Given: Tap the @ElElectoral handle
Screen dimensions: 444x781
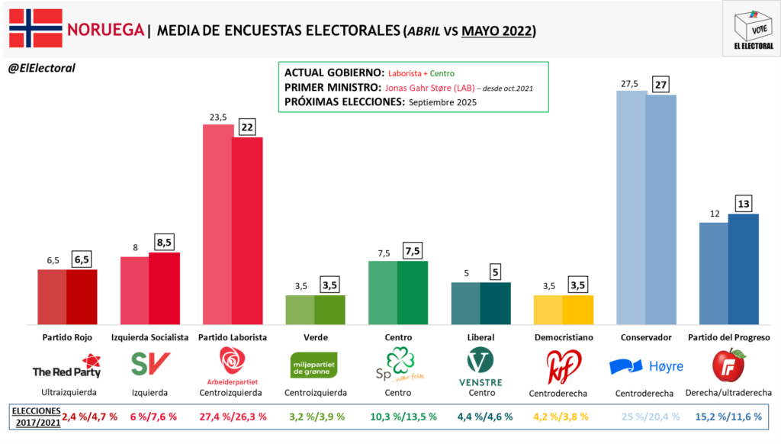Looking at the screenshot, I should pyautogui.click(x=41, y=68).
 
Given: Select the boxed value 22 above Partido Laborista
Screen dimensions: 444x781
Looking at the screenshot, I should pyautogui.click(x=247, y=127).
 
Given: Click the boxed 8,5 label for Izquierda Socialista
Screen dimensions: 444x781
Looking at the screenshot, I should pyautogui.click(x=164, y=243).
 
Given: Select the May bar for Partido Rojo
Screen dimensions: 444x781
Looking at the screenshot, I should pyautogui.click(x=82, y=297).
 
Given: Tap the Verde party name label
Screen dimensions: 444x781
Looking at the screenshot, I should pyautogui.click(x=316, y=337).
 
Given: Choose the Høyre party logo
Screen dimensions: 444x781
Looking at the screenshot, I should pyautogui.click(x=646, y=366).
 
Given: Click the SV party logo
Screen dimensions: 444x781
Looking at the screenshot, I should pyautogui.click(x=149, y=364).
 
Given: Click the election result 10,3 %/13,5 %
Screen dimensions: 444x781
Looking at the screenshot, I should pyautogui.click(x=399, y=417).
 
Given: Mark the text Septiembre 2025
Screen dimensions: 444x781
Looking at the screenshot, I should pyautogui.click(x=442, y=102).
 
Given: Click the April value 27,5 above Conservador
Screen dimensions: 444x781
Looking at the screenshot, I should pyautogui.click(x=631, y=83).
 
